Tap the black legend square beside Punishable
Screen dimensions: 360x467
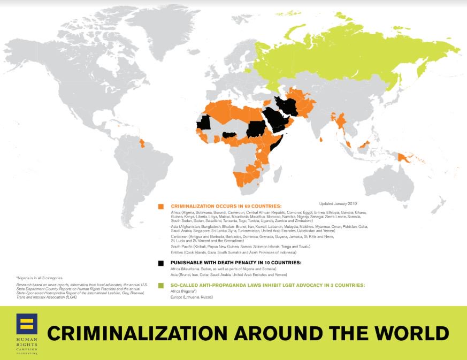[x=160, y=263]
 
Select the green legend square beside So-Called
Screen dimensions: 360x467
[x=160, y=286]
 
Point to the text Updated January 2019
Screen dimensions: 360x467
[x=338, y=203]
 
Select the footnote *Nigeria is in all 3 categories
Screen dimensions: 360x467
[x=40, y=278]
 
